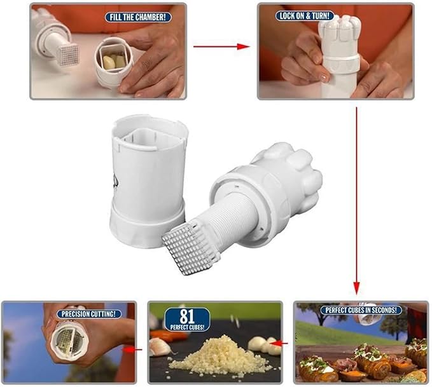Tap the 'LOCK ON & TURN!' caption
(305, 15)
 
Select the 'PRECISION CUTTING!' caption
(90, 313)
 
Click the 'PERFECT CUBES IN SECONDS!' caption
(361, 310)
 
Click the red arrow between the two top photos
(220, 46)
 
